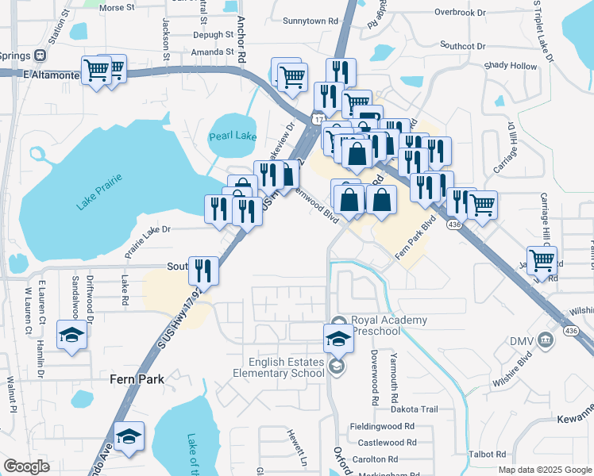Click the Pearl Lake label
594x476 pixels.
point(233,136)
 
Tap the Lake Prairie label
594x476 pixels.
point(99,194)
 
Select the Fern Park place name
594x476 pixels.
point(136,379)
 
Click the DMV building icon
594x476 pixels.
point(544,341)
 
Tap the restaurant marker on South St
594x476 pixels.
point(203,271)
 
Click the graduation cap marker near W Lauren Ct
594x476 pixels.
point(71,336)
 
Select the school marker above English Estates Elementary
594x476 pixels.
point(337,339)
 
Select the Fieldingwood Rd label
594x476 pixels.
point(383,426)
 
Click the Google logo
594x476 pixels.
point(27,466)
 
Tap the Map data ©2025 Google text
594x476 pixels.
point(543,470)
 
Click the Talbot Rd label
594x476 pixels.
point(488,455)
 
